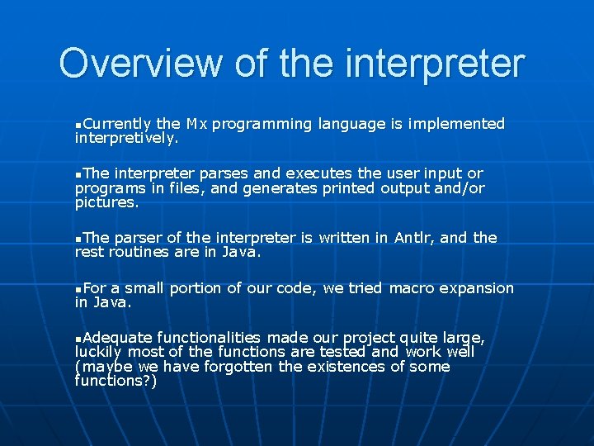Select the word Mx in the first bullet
(196, 124)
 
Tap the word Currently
(116, 124)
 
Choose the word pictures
(106, 202)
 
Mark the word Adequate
(118, 338)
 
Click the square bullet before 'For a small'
(78, 290)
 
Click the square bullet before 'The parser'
(78, 240)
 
